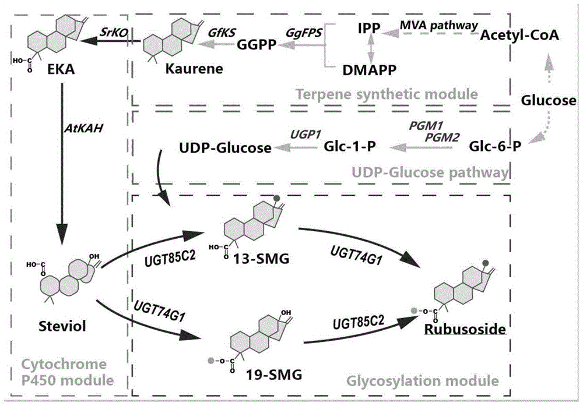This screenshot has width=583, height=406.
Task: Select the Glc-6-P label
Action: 495,149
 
